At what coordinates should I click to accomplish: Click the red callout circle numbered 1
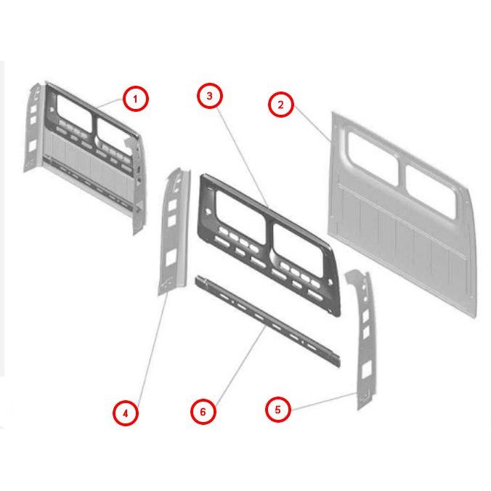[135, 99]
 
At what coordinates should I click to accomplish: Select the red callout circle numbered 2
[281, 105]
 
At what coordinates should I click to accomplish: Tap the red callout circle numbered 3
[210, 96]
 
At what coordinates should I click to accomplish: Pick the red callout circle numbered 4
[126, 413]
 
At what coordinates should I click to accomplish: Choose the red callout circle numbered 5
[278, 409]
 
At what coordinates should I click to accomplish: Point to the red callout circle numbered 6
[203, 411]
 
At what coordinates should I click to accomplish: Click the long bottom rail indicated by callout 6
[267, 320]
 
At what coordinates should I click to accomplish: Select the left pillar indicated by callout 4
[174, 232]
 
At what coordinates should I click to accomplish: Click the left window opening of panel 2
[373, 158]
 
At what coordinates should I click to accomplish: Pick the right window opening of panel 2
[431, 191]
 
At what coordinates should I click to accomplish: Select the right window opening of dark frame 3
[298, 250]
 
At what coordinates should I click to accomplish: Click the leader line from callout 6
[240, 364]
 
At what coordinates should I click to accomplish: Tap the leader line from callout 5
[324, 401]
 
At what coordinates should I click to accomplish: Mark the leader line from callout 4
[153, 348]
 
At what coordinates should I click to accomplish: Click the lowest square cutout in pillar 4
[171, 258]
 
